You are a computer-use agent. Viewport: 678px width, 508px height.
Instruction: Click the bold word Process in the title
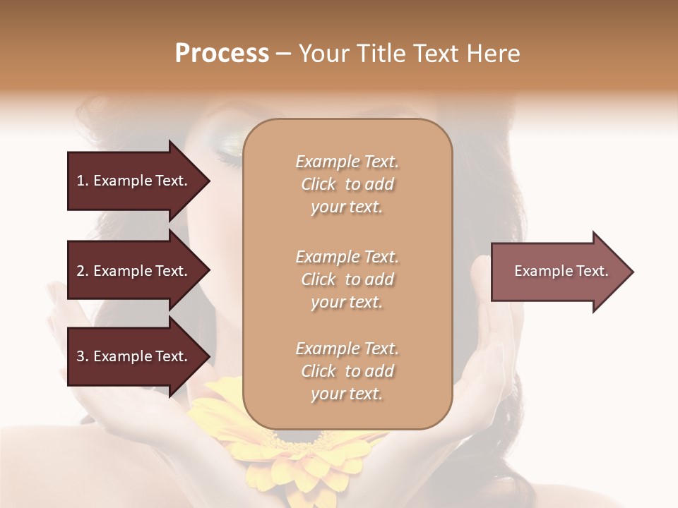pyautogui.click(x=222, y=54)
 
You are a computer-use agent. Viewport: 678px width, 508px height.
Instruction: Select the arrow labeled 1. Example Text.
pyautogui.click(x=134, y=181)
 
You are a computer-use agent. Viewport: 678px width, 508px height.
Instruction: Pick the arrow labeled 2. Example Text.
pyautogui.click(x=134, y=271)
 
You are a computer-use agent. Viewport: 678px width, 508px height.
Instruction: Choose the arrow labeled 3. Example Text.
pyautogui.click(x=134, y=356)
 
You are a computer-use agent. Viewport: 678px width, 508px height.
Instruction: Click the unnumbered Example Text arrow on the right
pyautogui.click(x=558, y=272)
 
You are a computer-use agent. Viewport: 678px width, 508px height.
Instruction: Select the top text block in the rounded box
pyautogui.click(x=347, y=184)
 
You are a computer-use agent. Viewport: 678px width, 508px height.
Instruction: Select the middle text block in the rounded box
pyautogui.click(x=347, y=279)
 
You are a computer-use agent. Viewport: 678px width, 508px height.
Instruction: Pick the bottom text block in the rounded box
pyautogui.click(x=347, y=371)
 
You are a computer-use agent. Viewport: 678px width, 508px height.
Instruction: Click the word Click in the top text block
pyautogui.click(x=319, y=184)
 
